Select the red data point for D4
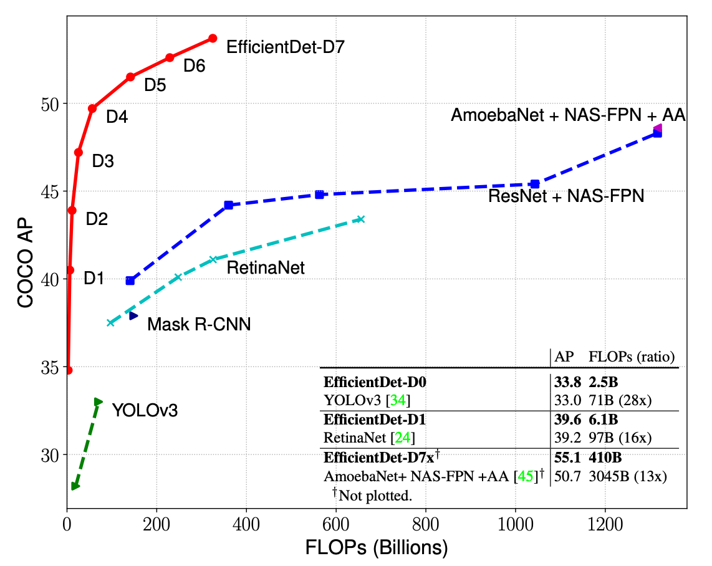coord(92,108)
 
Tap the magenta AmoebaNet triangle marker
coord(657,128)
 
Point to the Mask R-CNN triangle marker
coord(133,316)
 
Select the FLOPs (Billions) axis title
coord(377,548)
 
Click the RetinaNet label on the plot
coord(266,268)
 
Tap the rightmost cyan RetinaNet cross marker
coord(360,219)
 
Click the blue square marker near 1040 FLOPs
coord(534,184)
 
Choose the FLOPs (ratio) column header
coord(631,357)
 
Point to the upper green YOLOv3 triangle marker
coord(98,402)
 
